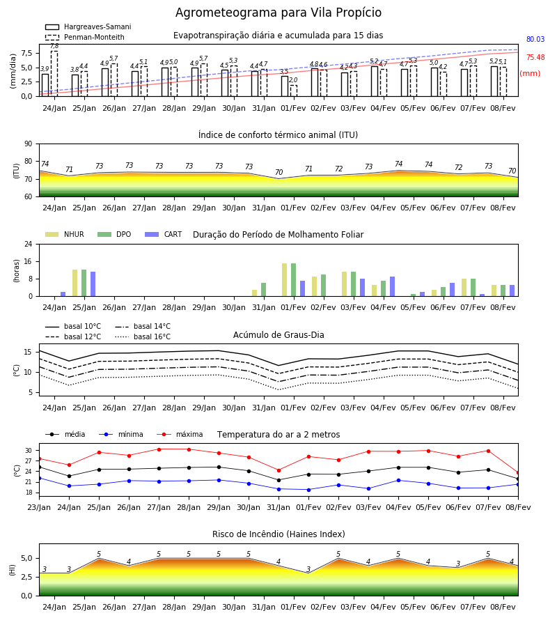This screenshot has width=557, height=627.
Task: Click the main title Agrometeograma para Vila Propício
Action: [278, 13]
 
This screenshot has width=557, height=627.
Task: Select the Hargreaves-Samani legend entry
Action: [88, 26]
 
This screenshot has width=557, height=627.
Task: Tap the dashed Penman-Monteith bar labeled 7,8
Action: [54, 74]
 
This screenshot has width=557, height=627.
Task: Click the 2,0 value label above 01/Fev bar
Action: [293, 80]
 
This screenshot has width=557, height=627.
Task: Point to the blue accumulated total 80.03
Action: [535, 39]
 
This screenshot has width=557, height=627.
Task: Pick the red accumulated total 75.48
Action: [535, 57]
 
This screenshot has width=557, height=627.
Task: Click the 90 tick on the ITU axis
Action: [29, 144]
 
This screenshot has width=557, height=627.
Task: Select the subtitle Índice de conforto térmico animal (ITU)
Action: [278, 134]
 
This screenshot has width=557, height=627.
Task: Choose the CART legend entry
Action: [163, 234]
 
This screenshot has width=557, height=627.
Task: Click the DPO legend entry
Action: [114, 234]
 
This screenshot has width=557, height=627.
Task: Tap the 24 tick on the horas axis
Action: [29, 244]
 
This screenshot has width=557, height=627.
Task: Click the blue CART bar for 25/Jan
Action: [93, 284]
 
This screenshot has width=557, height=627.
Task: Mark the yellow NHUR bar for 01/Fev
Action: [285, 280]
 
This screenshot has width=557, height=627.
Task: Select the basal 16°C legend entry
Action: [143, 336]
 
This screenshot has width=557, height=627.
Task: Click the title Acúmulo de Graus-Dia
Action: [278, 334]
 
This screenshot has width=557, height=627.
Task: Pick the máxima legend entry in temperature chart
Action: [180, 434]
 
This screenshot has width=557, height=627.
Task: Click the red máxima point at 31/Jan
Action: [279, 470]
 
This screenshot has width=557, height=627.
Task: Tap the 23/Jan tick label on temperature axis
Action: [39, 507]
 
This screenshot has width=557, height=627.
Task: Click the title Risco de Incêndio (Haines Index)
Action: [278, 534]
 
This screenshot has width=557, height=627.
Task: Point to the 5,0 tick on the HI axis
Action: [27, 558]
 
